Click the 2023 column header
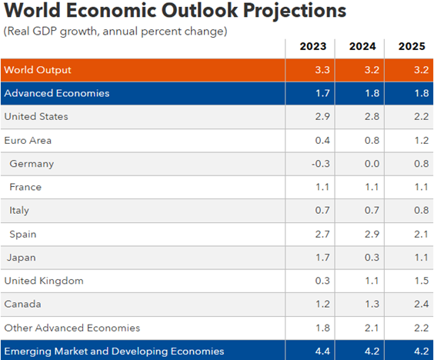[x=313, y=46]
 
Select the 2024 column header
[x=362, y=46]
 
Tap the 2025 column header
[x=412, y=46]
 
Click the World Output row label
[x=38, y=70]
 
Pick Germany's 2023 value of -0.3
[x=321, y=164]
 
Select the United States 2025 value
[x=421, y=116]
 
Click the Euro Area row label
[x=28, y=140]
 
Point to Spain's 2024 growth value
[x=372, y=234]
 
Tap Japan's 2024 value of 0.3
[x=372, y=258]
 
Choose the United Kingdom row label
[x=44, y=281]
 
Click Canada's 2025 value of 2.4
[x=421, y=304]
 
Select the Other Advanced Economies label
[x=72, y=328]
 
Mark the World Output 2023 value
[x=322, y=70]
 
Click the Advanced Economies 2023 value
[x=322, y=93]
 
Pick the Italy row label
[x=19, y=210]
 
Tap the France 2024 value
[x=372, y=187]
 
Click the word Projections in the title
[x=295, y=11]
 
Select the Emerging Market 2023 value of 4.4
[x=322, y=351]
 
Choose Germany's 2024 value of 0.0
[x=372, y=164]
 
